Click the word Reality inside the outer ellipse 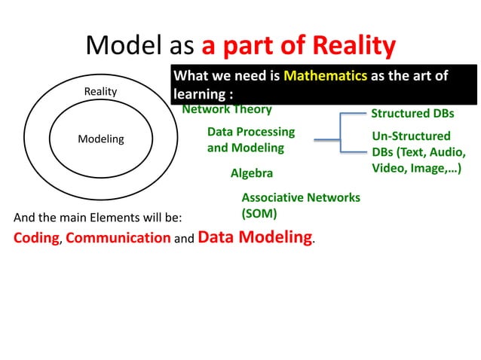tap(100, 91)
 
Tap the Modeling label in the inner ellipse tap(101, 139)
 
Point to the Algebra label tap(252, 173)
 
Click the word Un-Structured tap(411, 136)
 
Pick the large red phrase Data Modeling tap(256, 237)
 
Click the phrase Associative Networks tap(301, 197)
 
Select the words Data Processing tap(251, 132)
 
